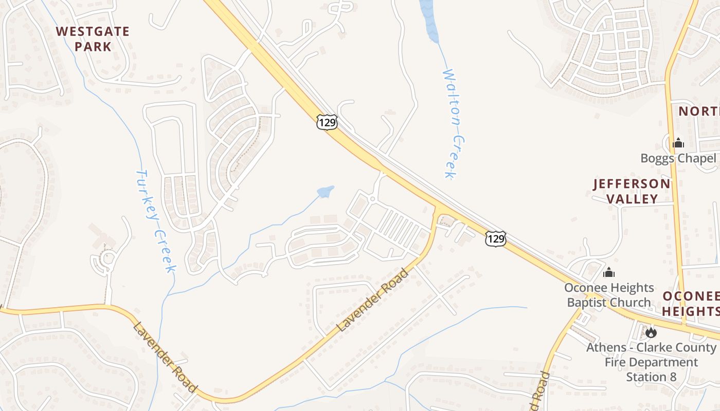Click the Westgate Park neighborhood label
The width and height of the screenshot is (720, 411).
93,39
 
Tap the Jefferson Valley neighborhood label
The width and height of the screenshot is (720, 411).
632,191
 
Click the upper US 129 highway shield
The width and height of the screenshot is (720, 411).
327,122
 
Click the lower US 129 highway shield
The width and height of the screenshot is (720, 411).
495,238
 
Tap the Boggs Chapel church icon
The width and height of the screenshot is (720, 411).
678,143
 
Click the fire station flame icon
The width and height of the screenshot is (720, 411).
651,332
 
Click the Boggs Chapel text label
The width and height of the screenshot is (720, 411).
678,158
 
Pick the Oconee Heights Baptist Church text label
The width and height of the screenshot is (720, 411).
609,295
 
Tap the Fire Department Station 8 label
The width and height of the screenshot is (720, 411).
651,362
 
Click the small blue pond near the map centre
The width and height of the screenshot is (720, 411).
326,192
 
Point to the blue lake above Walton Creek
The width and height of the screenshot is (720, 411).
429,21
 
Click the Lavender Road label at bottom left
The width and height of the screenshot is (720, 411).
165,357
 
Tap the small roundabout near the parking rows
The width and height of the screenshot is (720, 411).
372,199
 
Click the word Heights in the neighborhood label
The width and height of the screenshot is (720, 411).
690,311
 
